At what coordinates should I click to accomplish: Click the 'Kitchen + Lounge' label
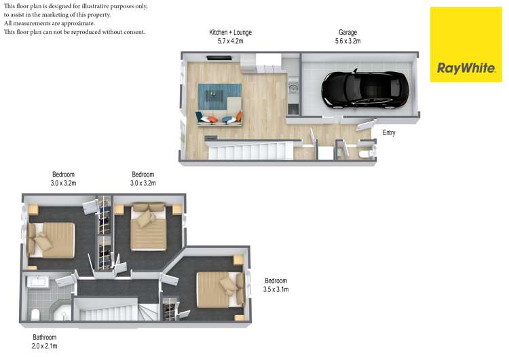click(x=230, y=32)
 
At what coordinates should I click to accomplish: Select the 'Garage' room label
click(x=347, y=32)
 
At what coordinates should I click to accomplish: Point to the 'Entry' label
click(x=389, y=133)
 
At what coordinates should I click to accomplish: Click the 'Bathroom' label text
click(x=45, y=338)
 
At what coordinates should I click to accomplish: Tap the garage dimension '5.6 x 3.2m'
click(x=347, y=41)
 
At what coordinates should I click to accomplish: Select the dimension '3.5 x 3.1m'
click(x=276, y=290)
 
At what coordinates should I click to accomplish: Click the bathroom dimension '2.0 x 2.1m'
click(x=45, y=346)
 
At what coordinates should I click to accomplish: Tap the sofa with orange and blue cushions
click(x=219, y=119)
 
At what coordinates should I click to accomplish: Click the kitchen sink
click(x=293, y=88)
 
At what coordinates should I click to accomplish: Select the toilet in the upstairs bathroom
click(x=35, y=314)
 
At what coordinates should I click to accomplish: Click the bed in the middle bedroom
click(x=149, y=228)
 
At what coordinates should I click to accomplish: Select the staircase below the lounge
click(x=251, y=150)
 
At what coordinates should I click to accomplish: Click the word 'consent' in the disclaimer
click(x=132, y=32)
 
